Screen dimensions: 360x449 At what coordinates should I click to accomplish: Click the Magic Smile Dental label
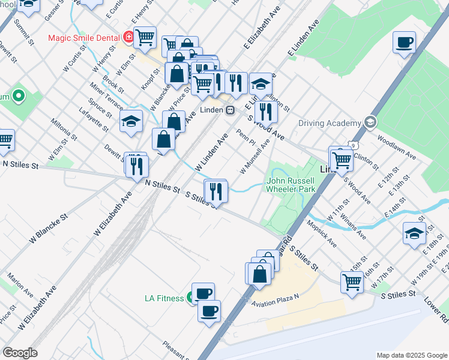(84, 37)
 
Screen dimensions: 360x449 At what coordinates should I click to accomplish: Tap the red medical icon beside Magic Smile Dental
(128, 37)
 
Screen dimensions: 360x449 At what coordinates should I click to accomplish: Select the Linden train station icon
(230, 110)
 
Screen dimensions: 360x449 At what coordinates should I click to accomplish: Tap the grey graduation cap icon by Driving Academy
(370, 122)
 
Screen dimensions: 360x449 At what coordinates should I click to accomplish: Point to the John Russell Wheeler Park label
(291, 184)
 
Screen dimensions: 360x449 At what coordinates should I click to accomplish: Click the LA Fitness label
(164, 298)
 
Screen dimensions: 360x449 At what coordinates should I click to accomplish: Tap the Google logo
(20, 353)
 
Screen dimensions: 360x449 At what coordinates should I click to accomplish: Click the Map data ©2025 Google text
(412, 355)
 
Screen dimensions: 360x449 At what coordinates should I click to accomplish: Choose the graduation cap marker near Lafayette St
(131, 122)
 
